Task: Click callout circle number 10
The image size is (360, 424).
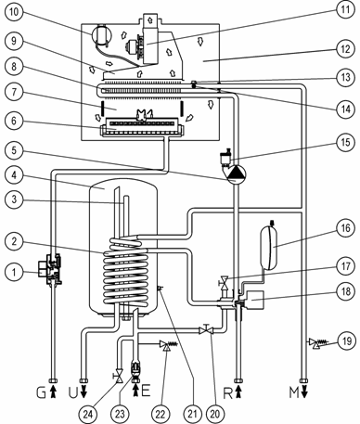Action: click(x=14, y=12)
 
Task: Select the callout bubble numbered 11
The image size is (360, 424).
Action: click(x=345, y=9)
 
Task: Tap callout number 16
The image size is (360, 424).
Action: click(x=345, y=228)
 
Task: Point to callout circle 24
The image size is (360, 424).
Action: click(x=88, y=414)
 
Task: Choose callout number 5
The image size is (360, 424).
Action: click(x=14, y=150)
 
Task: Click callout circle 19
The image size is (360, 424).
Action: click(x=347, y=341)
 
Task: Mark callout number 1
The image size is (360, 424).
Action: click(x=14, y=272)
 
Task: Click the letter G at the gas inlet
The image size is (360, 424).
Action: click(x=41, y=392)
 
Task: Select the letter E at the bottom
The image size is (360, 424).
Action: click(x=146, y=392)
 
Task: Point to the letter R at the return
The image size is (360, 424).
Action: click(x=228, y=392)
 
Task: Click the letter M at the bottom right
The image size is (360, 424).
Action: click(x=294, y=392)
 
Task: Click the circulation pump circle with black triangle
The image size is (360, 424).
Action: click(x=237, y=174)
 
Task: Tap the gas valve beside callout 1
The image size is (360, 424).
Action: click(x=49, y=268)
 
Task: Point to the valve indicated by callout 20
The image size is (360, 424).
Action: click(x=206, y=330)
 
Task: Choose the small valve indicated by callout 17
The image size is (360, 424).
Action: click(x=224, y=282)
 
